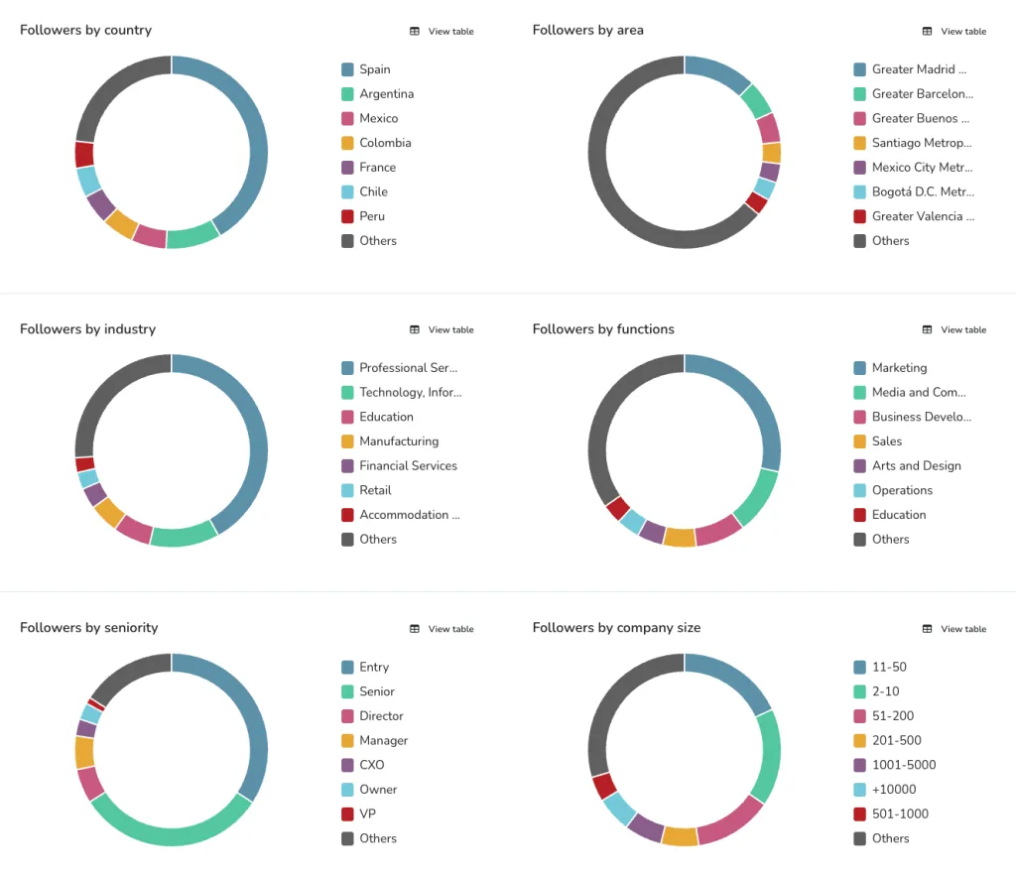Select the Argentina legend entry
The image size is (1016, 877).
coord(386,94)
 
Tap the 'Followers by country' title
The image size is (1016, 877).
coord(85,31)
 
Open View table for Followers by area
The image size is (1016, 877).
coord(954,32)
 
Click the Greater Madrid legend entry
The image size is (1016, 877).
coord(918,69)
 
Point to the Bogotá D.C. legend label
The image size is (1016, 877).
coord(922,191)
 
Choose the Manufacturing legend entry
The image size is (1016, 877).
coord(398,441)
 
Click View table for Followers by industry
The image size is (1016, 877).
coord(442,329)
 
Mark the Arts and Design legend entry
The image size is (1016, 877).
coord(916,466)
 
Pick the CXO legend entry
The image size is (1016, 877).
coord(372,765)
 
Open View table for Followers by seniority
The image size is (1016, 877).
coord(442,629)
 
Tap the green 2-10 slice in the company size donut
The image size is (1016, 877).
coord(769,754)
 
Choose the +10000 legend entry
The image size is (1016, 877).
coord(893,790)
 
